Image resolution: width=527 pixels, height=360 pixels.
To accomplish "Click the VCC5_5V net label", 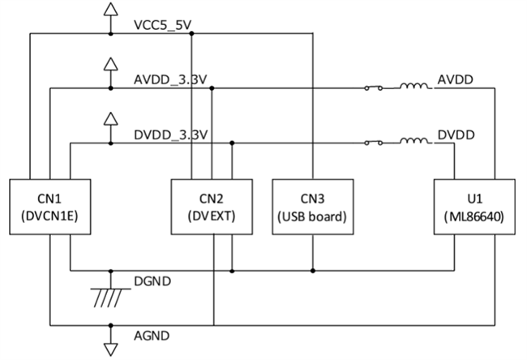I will (x=163, y=25).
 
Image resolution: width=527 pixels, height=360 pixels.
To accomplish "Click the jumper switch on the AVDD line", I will (x=375, y=88).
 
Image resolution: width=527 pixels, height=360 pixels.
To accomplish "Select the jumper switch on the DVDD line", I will (x=375, y=142).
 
